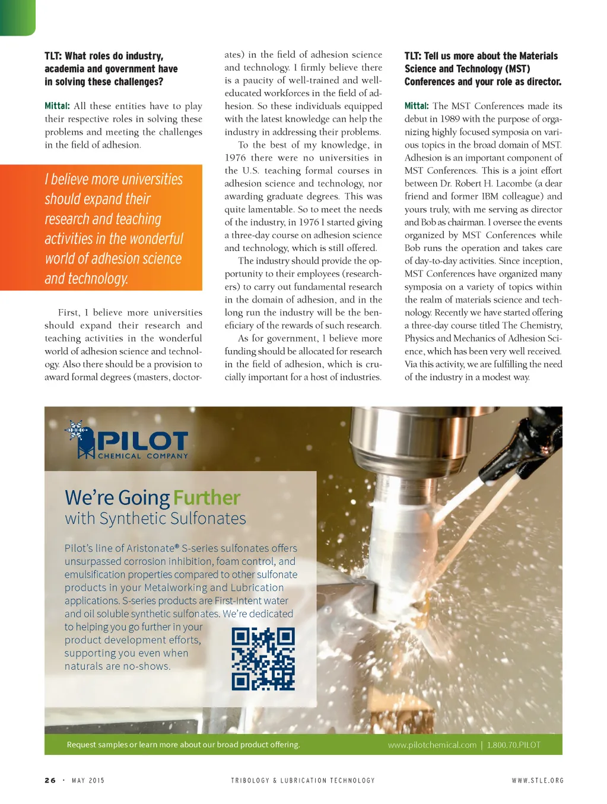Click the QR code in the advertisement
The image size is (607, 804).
[263, 659]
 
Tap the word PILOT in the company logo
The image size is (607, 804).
[142, 441]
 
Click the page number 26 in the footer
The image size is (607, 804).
[50, 780]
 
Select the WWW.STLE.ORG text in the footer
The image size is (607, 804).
[538, 780]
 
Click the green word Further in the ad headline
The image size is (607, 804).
[207, 497]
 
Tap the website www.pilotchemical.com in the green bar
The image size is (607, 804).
[432, 745]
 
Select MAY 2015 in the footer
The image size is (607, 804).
[88, 780]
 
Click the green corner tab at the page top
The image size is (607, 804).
[17, 17]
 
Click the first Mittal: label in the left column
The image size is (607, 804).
[57, 106]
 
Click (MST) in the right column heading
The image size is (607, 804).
[517, 69]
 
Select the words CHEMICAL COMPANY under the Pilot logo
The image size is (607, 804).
[142, 456]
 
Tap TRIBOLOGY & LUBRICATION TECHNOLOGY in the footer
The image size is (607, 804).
[303, 780]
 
